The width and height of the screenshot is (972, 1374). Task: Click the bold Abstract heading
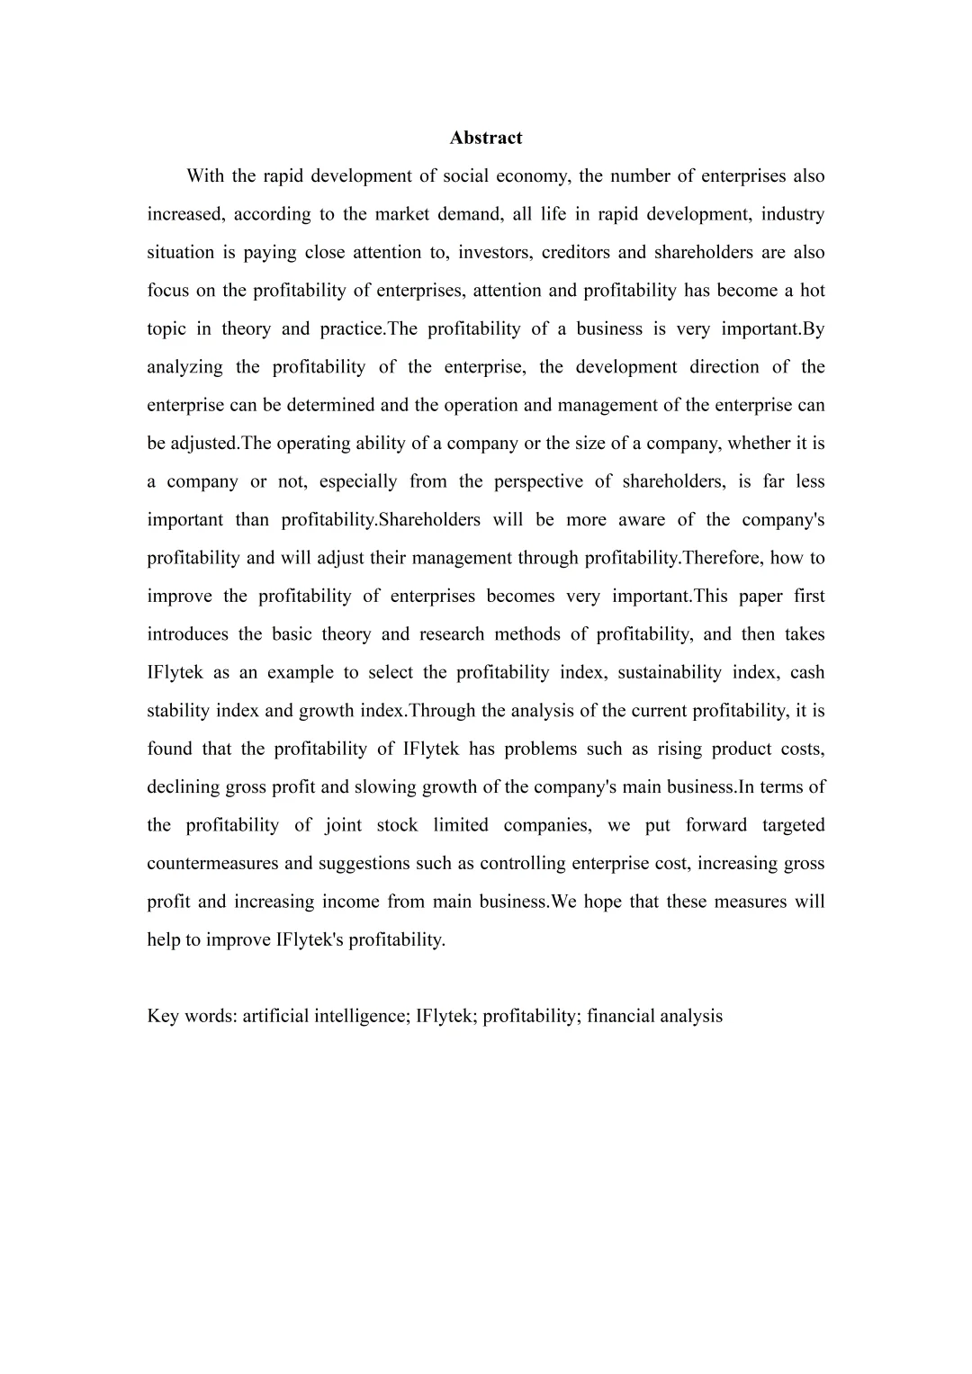(486, 138)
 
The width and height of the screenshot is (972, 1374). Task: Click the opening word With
(204, 176)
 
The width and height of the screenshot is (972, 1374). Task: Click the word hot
(812, 291)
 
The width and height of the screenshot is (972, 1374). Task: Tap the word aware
(640, 520)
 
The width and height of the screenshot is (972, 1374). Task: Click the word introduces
(187, 634)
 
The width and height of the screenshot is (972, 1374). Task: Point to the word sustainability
(669, 673)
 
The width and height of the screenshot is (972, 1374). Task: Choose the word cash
(807, 673)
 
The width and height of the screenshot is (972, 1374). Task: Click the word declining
(183, 787)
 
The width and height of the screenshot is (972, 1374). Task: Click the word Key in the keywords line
(162, 1017)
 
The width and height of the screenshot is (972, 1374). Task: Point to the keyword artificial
(275, 1017)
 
